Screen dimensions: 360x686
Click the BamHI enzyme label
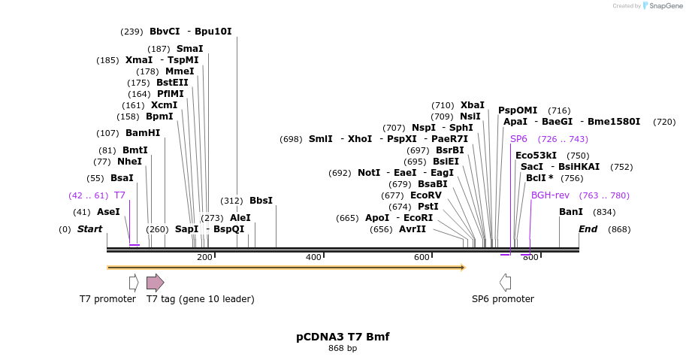(142, 133)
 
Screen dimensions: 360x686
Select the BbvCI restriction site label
(165, 32)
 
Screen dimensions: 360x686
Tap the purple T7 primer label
(119, 195)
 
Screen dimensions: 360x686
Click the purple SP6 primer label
(518, 139)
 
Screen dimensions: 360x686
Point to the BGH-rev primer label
(550, 195)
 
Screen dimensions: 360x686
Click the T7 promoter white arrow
(134, 283)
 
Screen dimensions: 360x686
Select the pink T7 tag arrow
(155, 283)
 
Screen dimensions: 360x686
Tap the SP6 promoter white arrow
(505, 283)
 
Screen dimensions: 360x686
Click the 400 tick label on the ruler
(313, 258)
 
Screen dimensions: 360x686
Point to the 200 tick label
(204, 258)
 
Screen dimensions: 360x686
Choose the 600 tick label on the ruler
(422, 258)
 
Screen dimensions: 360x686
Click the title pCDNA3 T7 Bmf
(343, 337)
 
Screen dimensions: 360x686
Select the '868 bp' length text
(343, 348)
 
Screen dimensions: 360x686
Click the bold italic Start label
(89, 229)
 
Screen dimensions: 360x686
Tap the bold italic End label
(588, 229)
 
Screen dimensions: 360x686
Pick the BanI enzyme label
(570, 212)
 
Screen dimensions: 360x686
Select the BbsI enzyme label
(261, 201)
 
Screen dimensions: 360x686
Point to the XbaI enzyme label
(473, 105)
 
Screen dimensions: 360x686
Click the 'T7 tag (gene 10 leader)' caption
(200, 299)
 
